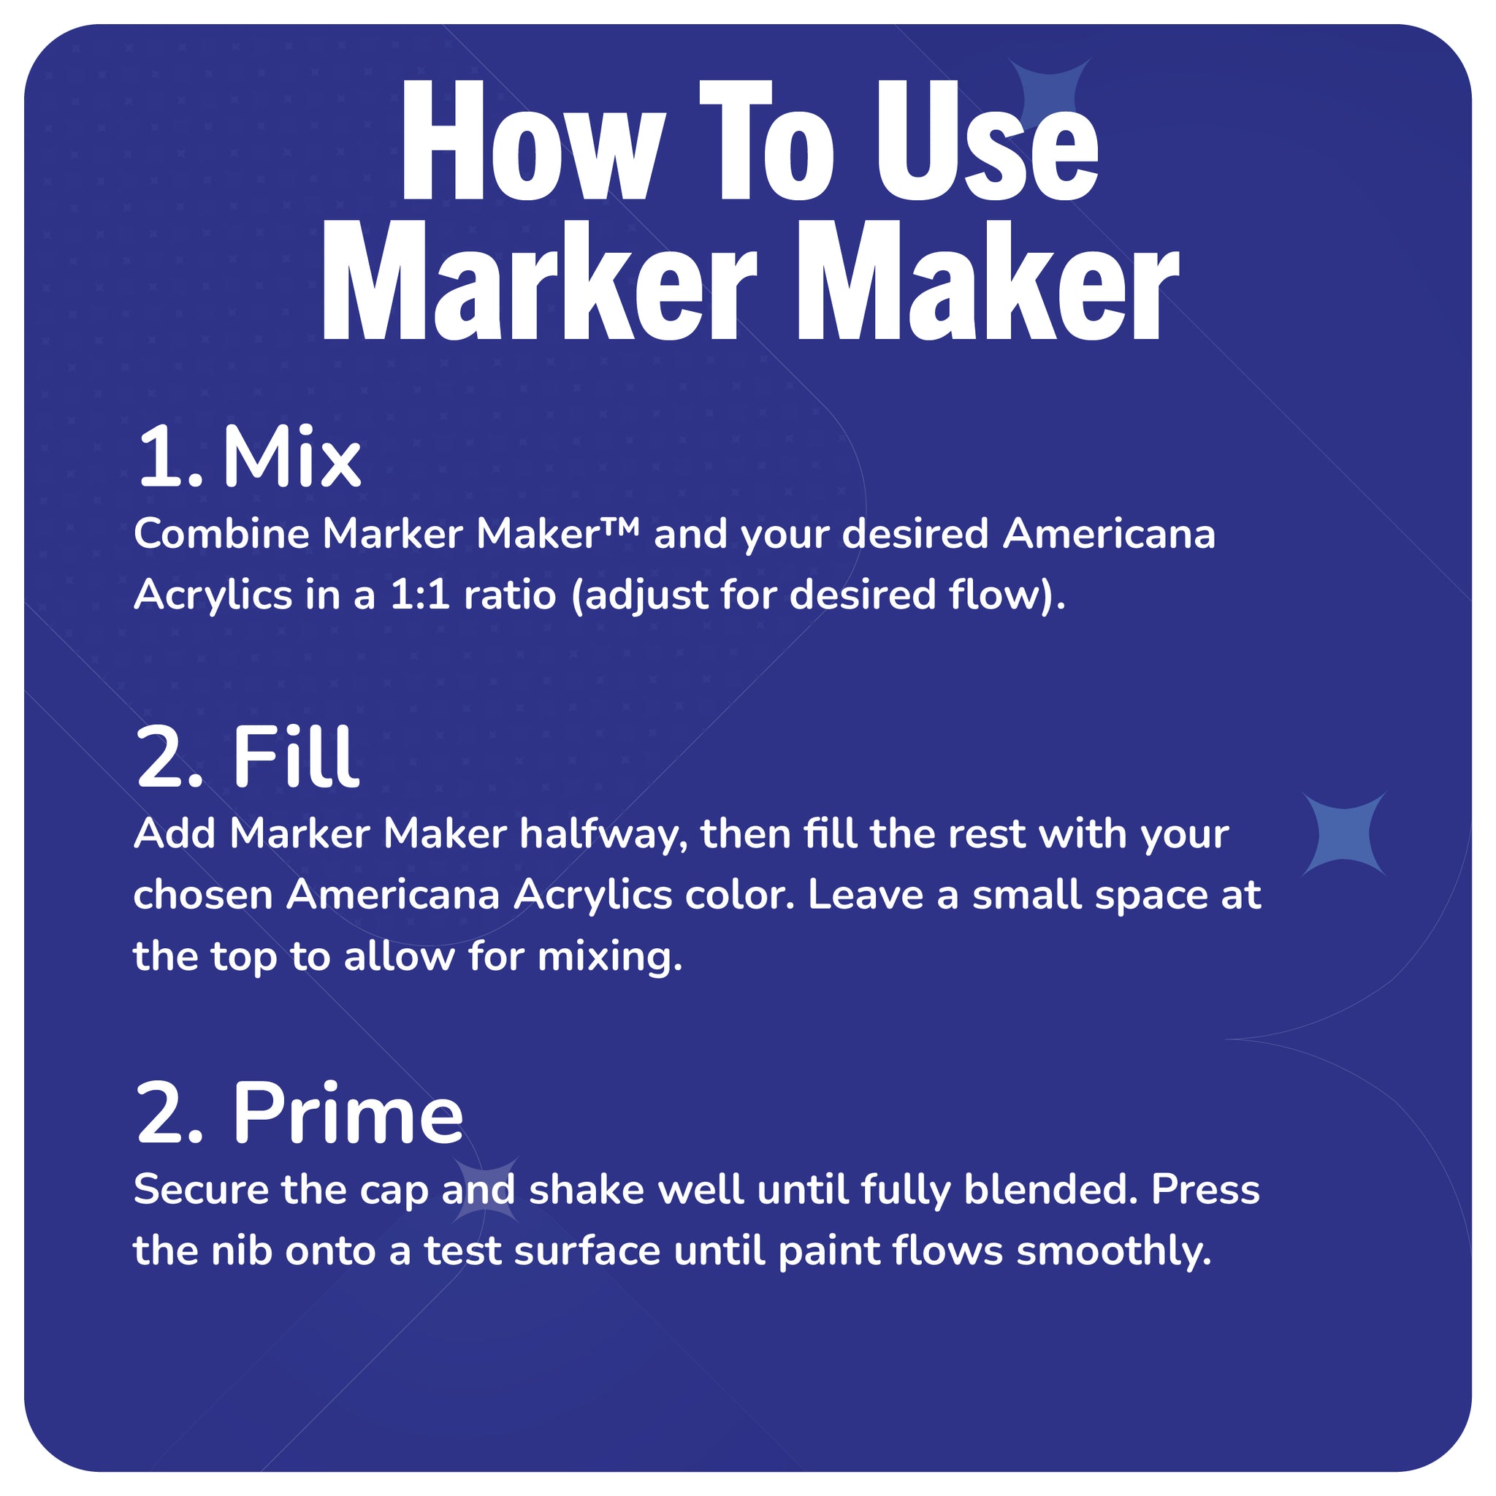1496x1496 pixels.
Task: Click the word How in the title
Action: (533, 143)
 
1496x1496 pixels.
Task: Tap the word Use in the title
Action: (985, 143)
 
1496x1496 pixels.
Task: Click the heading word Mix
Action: (291, 459)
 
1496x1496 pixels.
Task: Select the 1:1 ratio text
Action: (420, 596)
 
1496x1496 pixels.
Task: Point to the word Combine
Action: (221, 534)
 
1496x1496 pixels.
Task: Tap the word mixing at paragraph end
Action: (609, 957)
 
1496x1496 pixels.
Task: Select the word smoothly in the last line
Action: (1113, 1252)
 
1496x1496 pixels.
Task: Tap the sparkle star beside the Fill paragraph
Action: (1344, 835)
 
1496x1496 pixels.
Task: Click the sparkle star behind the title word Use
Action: (1050, 93)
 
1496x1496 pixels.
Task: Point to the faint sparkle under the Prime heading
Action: (486, 1190)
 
